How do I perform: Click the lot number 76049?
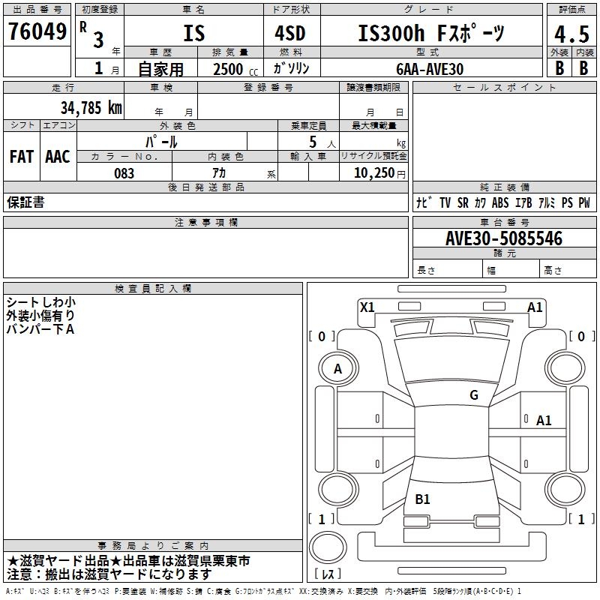36,32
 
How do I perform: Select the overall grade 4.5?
571,34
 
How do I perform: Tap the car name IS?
193,34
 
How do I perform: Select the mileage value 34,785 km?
91,107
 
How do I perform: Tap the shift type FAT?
22,157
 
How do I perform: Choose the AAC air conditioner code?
58,157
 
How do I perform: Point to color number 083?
124,173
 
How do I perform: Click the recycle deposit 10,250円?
373,173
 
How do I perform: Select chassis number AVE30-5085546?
503,238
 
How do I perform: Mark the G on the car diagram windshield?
474,395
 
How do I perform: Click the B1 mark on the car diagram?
422,499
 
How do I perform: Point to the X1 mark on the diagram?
367,307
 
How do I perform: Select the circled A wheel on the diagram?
337,368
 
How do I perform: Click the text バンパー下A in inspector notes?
40,329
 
